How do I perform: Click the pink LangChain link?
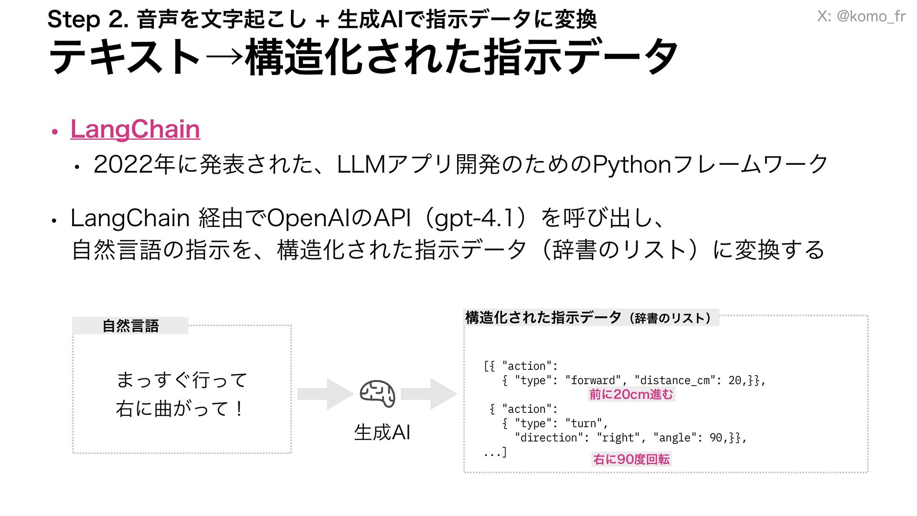pos(135,129)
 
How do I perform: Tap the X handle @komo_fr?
pos(861,16)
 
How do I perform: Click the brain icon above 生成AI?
pos(377,394)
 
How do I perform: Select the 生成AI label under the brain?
pos(382,432)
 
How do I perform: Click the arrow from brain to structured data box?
pos(428,394)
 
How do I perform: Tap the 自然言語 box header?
pos(130,326)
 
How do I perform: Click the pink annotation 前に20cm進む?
pos(631,394)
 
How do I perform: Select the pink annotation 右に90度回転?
pos(631,459)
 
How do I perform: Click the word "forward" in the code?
pos(593,380)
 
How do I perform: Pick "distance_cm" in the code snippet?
pos(674,380)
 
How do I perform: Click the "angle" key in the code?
pos(674,438)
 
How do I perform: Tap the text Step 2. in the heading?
pos(88,20)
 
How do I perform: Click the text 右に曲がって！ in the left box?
pos(181,409)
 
